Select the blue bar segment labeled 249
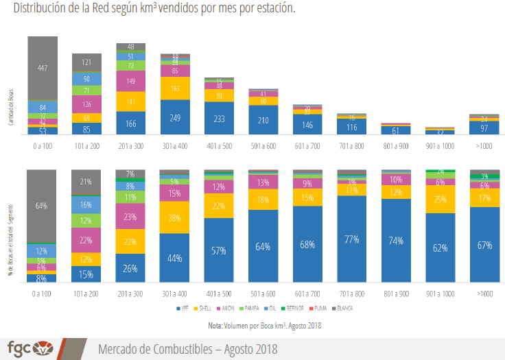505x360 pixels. click(x=174, y=117)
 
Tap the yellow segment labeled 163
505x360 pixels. click(x=174, y=88)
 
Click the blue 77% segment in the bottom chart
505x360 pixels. click(x=352, y=240)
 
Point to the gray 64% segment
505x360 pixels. click(x=43, y=206)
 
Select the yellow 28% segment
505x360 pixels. click(x=174, y=217)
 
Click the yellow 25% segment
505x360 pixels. click(x=440, y=200)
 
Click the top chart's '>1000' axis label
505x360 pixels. click(x=484, y=146)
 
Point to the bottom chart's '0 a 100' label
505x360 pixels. click(x=43, y=294)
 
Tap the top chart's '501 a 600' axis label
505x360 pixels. click(x=263, y=146)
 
